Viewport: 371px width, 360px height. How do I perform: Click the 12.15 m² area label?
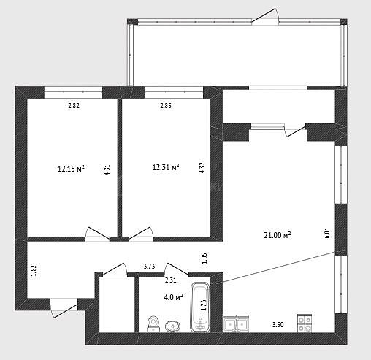pos(71,169)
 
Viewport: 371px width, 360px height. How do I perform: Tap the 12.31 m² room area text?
pos(166,167)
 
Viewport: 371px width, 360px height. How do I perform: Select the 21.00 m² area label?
pos(278,235)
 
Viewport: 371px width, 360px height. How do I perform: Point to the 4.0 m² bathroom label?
pos(174,297)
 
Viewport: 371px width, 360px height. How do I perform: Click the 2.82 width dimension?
pos(74,106)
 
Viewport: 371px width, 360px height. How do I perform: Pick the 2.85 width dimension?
pos(166,106)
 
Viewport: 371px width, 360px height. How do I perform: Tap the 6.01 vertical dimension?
pos(327,233)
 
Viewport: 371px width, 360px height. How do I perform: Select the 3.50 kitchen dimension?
pos(278,325)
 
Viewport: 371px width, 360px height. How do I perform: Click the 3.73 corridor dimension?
pos(150,267)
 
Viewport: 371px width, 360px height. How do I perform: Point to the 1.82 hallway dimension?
pos(34,270)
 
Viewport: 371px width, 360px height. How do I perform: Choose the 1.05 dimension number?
pos(204,258)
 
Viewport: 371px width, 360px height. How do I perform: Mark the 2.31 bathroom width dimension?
pos(171,280)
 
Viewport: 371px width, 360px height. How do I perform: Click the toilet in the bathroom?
pos(153,324)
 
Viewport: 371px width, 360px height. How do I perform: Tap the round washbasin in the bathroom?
pos(172,326)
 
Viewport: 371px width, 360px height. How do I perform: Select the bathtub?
pos(200,307)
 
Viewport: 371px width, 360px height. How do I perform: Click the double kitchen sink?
pos(236,323)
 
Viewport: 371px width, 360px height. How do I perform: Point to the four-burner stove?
pos(305,323)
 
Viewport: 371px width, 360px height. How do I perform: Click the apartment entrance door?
pos(64,308)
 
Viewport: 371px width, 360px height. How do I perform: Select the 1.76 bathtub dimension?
pos(204,305)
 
